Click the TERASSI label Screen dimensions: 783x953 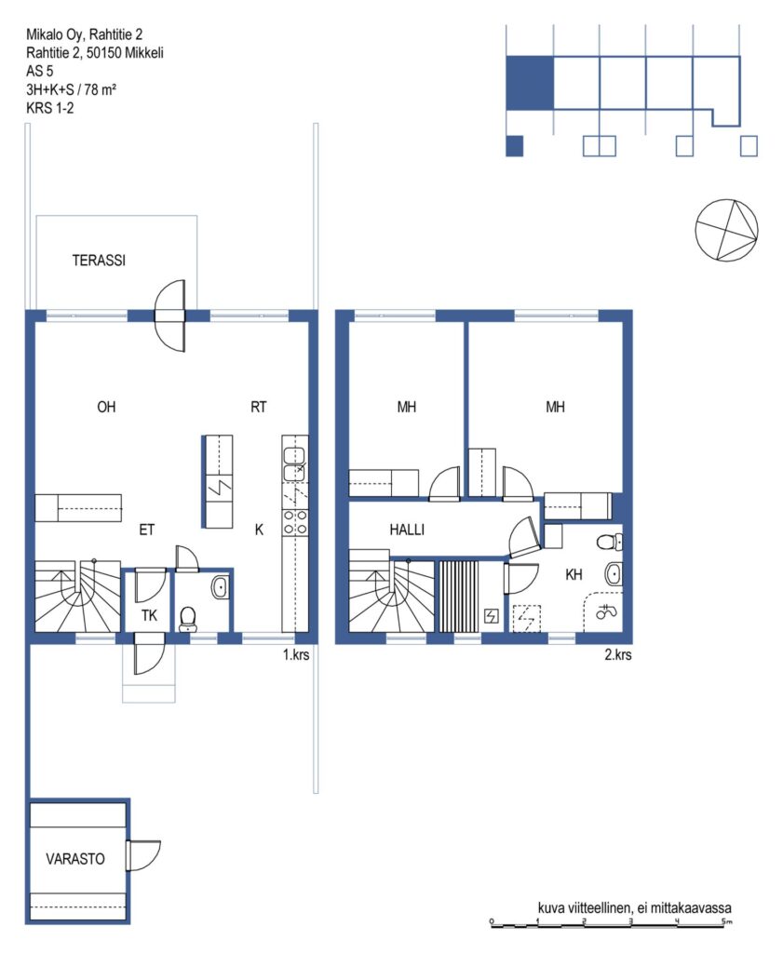[x=99, y=261]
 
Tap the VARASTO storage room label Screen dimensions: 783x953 [x=75, y=859]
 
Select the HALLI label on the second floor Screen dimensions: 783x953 [x=407, y=530]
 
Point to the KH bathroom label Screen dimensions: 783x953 [x=574, y=574]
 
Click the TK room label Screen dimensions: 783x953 [x=149, y=616]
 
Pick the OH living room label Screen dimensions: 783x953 [x=106, y=407]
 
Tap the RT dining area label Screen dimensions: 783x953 [x=259, y=407]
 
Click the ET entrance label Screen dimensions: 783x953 [x=146, y=530]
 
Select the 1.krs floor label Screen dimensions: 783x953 [x=296, y=654]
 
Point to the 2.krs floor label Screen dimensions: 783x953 [x=617, y=654]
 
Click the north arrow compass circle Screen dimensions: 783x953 [x=726, y=230]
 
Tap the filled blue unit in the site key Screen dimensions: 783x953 [x=530, y=83]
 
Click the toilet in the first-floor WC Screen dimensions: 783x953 [x=188, y=619]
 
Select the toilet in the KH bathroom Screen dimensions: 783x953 [x=609, y=542]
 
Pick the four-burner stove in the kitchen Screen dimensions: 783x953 [x=295, y=523]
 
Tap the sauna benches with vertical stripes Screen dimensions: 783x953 [x=459, y=597]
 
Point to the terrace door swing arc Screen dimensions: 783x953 [x=169, y=315]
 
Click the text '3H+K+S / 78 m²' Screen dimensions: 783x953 [x=71, y=89]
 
